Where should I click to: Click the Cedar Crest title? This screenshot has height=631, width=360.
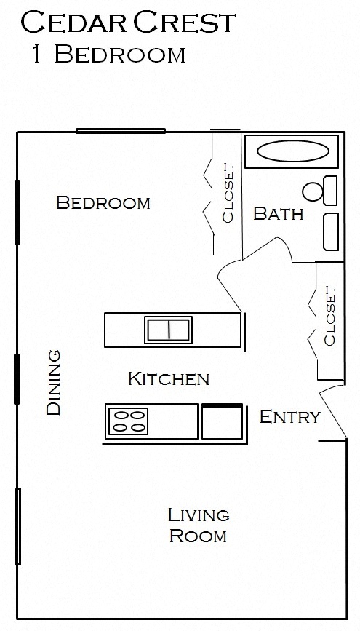[x=129, y=23]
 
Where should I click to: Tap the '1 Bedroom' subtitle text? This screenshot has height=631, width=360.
[x=108, y=55]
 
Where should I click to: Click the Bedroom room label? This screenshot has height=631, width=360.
[x=103, y=202]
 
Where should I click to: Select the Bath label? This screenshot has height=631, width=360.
[x=278, y=214]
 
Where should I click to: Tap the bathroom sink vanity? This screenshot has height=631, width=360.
[x=330, y=231]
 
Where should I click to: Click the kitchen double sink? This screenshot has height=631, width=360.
[x=169, y=329]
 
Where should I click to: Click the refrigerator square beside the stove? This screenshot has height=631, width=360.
[x=222, y=421]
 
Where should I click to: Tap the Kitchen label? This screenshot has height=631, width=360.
[x=169, y=378]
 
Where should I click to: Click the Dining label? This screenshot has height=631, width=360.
[x=53, y=383]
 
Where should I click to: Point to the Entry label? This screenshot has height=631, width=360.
[x=289, y=417]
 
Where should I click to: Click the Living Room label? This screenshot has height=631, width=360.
[x=198, y=525]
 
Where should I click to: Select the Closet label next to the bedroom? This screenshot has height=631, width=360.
[x=228, y=193]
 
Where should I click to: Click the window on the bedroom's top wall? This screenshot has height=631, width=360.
[x=121, y=131]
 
